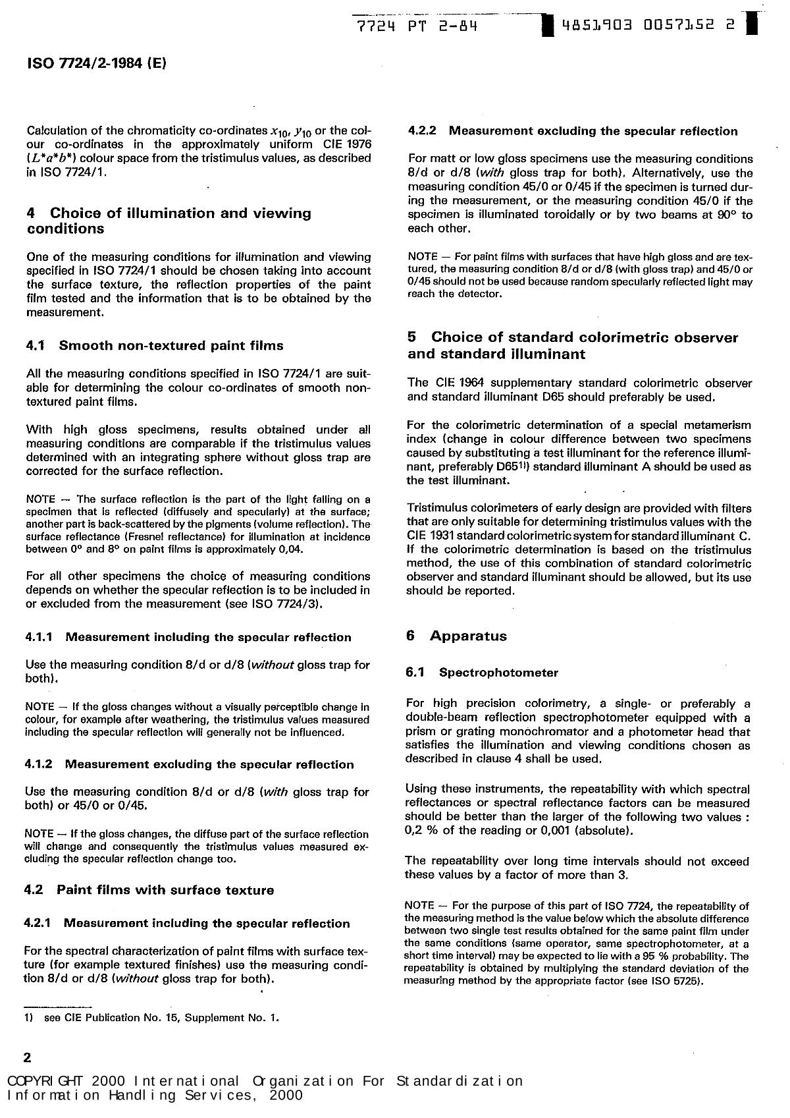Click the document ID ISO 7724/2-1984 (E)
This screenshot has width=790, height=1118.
(x=97, y=63)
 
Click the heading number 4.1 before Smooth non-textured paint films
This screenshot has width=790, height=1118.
(x=38, y=345)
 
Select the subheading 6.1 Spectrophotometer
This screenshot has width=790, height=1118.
(x=482, y=673)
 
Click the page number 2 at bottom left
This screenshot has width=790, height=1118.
(x=28, y=1058)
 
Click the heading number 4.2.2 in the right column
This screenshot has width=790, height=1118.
(x=422, y=131)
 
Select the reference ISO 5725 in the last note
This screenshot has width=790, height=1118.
(x=675, y=981)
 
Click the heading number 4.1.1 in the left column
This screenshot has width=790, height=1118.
(x=39, y=637)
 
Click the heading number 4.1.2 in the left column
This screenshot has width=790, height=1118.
(x=39, y=764)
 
